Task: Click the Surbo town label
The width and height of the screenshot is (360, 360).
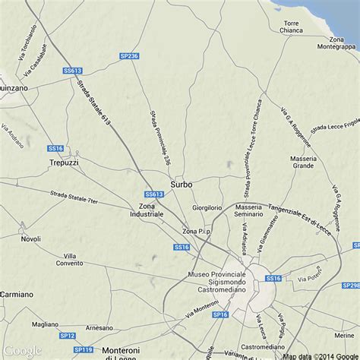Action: (182, 184)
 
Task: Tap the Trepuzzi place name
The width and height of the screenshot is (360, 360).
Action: (64, 163)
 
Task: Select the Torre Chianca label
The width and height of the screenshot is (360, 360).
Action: (292, 27)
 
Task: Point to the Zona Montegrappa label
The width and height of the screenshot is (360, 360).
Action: (336, 43)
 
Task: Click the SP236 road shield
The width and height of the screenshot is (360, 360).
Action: (129, 56)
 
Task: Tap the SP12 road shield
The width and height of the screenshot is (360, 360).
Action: (68, 335)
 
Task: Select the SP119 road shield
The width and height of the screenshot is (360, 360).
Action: (84, 349)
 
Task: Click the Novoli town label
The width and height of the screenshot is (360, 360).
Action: (31, 238)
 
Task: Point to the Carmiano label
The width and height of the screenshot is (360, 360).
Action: (17, 293)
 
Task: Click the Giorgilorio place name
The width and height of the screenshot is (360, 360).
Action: (207, 207)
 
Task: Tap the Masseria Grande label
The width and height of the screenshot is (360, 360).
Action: (302, 162)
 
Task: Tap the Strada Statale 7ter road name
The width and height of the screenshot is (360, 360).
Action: (74, 199)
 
